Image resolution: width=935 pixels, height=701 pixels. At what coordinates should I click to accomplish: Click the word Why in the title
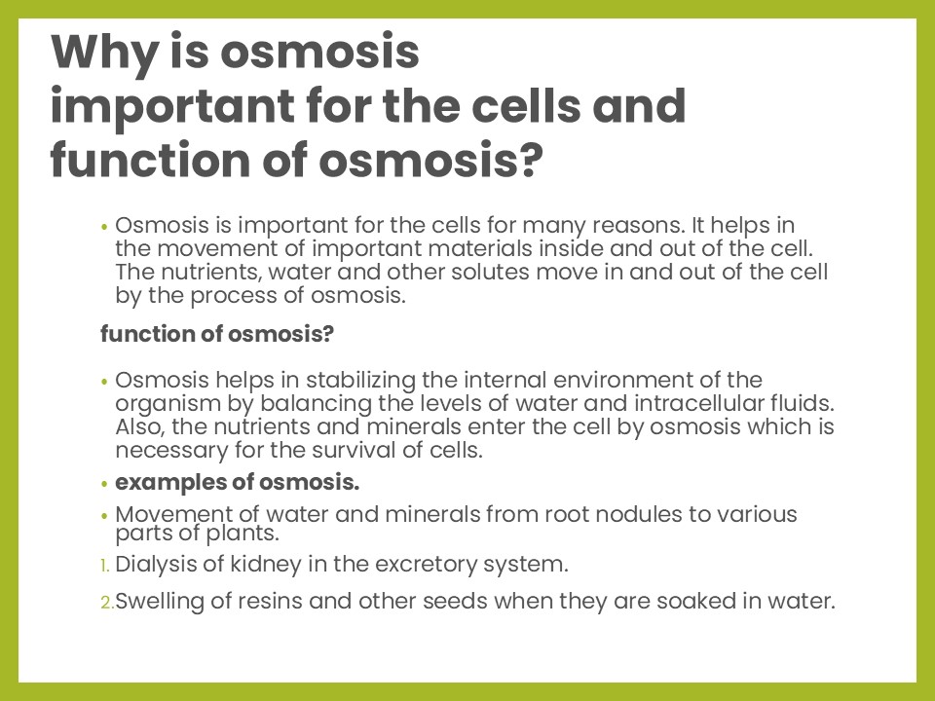pos(104,54)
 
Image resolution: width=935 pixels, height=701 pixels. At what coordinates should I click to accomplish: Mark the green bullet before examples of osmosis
pos(105,484)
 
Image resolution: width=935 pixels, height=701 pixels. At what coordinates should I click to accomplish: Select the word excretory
pos(426,564)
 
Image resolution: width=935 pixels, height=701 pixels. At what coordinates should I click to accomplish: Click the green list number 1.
pos(105,565)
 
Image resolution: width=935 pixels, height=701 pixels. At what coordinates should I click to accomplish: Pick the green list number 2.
pos(107,603)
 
